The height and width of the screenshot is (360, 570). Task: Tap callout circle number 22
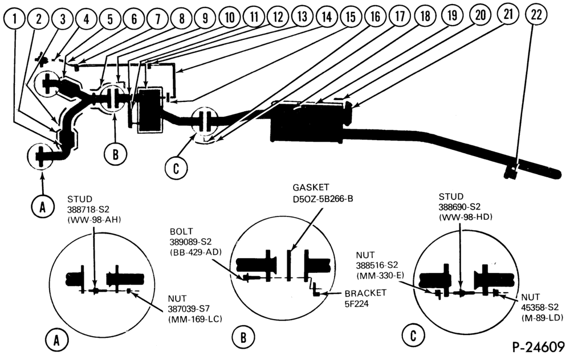point(536,15)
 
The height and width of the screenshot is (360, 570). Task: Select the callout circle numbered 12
point(278,17)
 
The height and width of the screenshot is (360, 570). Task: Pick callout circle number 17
point(400,16)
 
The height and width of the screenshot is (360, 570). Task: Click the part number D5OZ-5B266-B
point(323,199)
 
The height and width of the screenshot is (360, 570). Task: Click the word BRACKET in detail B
point(365,293)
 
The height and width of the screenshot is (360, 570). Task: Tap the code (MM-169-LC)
point(195,320)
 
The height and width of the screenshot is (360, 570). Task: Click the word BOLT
point(181,232)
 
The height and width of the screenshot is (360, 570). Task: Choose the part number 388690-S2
point(459,207)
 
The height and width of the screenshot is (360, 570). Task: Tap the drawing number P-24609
point(539,346)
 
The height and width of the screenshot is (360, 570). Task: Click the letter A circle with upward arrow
point(43,206)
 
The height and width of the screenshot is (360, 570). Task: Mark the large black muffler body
point(308,124)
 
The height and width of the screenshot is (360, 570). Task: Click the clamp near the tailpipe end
point(511,171)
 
